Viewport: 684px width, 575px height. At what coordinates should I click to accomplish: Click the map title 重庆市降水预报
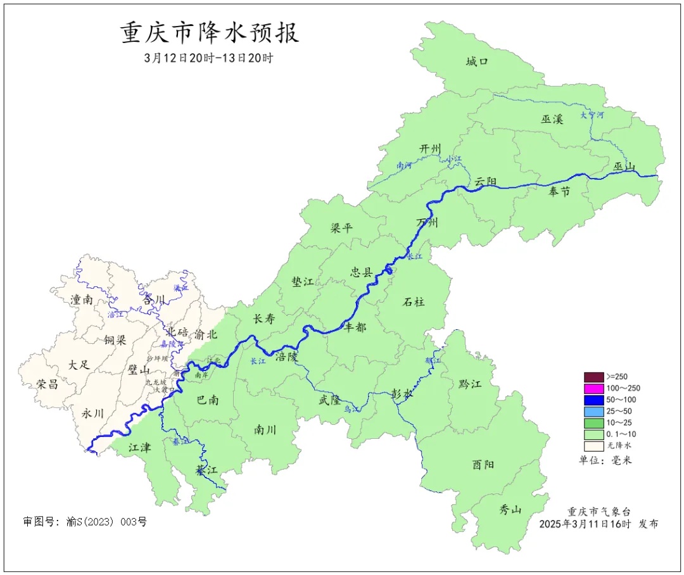click(210, 33)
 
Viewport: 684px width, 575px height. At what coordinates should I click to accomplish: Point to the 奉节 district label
click(559, 191)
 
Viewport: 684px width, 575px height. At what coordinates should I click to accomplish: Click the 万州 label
click(427, 223)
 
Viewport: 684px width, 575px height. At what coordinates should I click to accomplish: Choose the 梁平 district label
click(341, 228)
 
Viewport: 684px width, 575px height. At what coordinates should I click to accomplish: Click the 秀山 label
click(510, 509)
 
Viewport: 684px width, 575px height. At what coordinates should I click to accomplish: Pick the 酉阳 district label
click(483, 464)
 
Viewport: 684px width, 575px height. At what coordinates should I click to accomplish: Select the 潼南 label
click(82, 300)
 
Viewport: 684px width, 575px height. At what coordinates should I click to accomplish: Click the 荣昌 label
click(47, 384)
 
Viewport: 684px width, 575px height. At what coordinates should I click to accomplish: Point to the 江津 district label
click(139, 448)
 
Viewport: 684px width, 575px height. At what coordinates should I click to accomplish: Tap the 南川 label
click(265, 429)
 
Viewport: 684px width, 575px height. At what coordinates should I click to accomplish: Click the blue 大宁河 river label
click(592, 115)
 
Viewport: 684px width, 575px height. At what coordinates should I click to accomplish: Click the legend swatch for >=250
click(593, 376)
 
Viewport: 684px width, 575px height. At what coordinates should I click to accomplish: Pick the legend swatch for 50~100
click(593, 400)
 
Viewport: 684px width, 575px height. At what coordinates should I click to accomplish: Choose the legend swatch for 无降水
click(593, 446)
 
